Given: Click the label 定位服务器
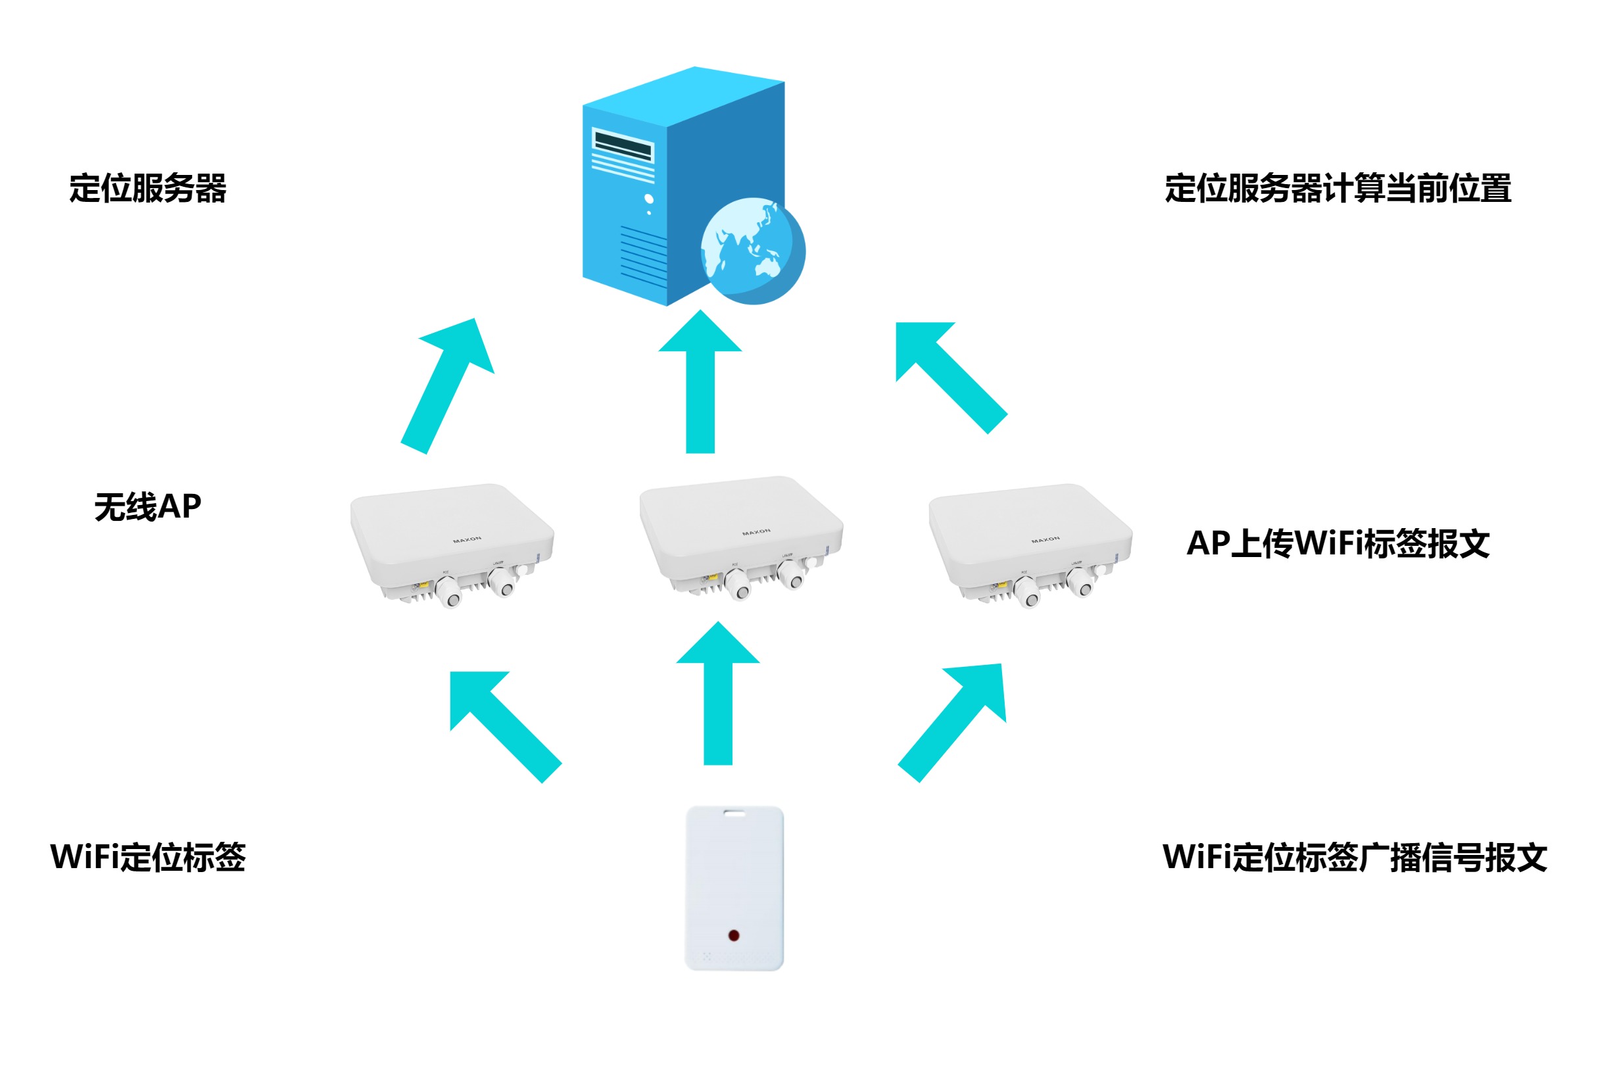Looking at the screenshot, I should click(x=148, y=189).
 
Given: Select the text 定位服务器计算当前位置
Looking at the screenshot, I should click(x=1337, y=189).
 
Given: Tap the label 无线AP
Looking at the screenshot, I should click(x=148, y=507).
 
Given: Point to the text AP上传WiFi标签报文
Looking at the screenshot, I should click(x=1337, y=544).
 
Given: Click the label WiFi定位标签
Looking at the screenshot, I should click(x=148, y=858).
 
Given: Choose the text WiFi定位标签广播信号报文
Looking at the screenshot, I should click(x=1354, y=858).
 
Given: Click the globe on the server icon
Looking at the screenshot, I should click(x=753, y=251).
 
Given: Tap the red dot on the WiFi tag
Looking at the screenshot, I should click(x=733, y=935).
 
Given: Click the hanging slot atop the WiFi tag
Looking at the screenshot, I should click(x=735, y=814).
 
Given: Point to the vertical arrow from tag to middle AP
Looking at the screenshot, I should click(x=718, y=697).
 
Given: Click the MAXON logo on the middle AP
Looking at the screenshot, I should click(x=756, y=531).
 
